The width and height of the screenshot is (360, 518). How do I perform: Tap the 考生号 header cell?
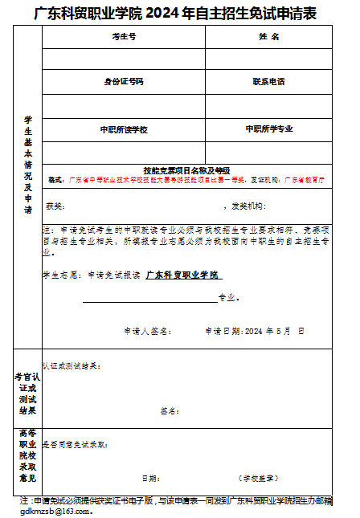(x=124, y=38)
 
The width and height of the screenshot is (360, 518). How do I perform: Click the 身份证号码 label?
(x=124, y=82)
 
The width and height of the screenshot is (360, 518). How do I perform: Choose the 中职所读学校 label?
(x=124, y=129)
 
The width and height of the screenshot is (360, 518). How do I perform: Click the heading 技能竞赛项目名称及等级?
(x=186, y=170)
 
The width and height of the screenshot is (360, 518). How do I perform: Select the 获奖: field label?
(x=54, y=206)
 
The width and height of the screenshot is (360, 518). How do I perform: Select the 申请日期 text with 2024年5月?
(x=254, y=331)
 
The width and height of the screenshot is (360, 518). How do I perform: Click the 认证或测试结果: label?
(x=72, y=365)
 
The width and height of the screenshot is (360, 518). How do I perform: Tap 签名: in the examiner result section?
(x=169, y=411)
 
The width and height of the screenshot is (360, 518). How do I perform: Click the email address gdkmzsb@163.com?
(x=56, y=510)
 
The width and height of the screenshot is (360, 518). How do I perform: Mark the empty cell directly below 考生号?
(x=124, y=59)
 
